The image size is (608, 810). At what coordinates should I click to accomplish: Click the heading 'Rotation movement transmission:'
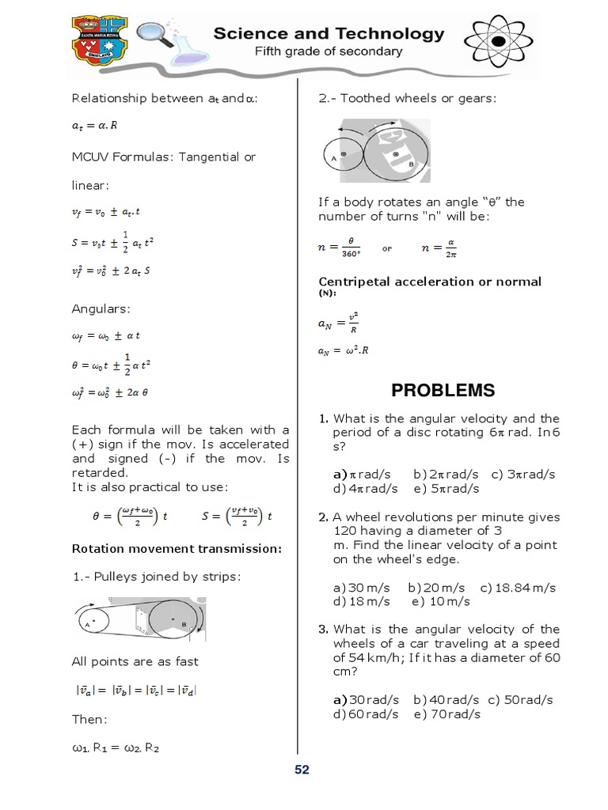177,548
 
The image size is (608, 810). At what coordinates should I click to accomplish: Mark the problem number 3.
323,630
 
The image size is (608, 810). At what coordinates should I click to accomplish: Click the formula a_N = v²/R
338,323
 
